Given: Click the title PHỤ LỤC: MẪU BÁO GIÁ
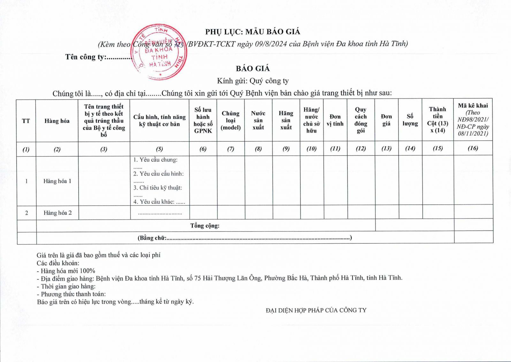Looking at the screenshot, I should [x=253, y=32].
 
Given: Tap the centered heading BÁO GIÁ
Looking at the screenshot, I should [x=253, y=69].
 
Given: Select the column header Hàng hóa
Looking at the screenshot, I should [x=57, y=121].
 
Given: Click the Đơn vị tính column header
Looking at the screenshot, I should [x=335, y=120].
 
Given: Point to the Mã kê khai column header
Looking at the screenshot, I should [x=473, y=119].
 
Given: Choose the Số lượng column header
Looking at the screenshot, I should [x=410, y=120].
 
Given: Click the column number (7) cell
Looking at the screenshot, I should [x=231, y=149].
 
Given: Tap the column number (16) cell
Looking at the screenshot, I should [x=473, y=148].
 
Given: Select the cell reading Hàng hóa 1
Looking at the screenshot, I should [x=57, y=181].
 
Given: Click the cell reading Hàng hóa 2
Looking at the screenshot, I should [x=57, y=213].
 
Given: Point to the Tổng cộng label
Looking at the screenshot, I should [x=205, y=226].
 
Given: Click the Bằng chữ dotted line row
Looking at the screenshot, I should [x=245, y=238].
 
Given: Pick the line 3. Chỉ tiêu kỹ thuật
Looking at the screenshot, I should [x=158, y=188].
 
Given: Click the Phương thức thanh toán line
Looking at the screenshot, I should [x=73, y=294].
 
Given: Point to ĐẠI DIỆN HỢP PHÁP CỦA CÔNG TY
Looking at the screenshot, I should [x=316, y=310].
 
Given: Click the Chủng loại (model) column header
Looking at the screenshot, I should [x=231, y=120].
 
